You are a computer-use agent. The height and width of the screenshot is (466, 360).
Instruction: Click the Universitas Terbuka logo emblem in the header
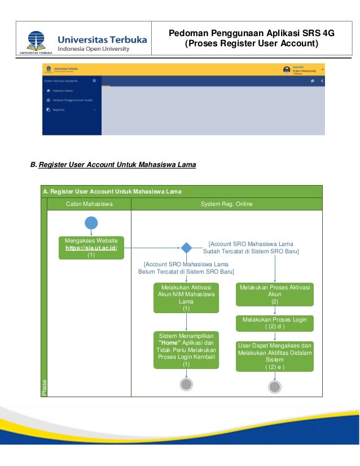[36, 39]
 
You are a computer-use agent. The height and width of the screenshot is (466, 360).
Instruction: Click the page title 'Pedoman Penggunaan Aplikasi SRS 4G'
[252, 33]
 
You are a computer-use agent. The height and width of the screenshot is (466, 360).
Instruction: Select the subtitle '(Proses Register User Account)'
[252, 43]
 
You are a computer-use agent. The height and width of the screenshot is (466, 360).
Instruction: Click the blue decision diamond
[186, 247]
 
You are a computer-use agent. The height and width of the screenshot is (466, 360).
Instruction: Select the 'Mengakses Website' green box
[91, 248]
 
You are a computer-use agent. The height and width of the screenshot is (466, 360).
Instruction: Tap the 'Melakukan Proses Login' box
[275, 323]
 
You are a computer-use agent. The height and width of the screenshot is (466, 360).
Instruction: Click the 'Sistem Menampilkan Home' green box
[186, 350]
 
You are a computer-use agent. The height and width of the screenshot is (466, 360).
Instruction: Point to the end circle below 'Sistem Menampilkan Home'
[186, 384]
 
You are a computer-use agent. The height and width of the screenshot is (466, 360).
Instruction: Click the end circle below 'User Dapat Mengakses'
[275, 387]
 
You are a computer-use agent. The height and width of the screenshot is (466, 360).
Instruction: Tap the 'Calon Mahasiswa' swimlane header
[90, 204]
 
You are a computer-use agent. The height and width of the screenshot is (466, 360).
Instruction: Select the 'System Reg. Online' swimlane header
[226, 204]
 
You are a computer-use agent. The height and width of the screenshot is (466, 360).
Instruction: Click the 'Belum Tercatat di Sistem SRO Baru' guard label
[186, 268]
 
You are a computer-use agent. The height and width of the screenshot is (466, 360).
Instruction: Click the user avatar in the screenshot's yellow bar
[287, 70]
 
